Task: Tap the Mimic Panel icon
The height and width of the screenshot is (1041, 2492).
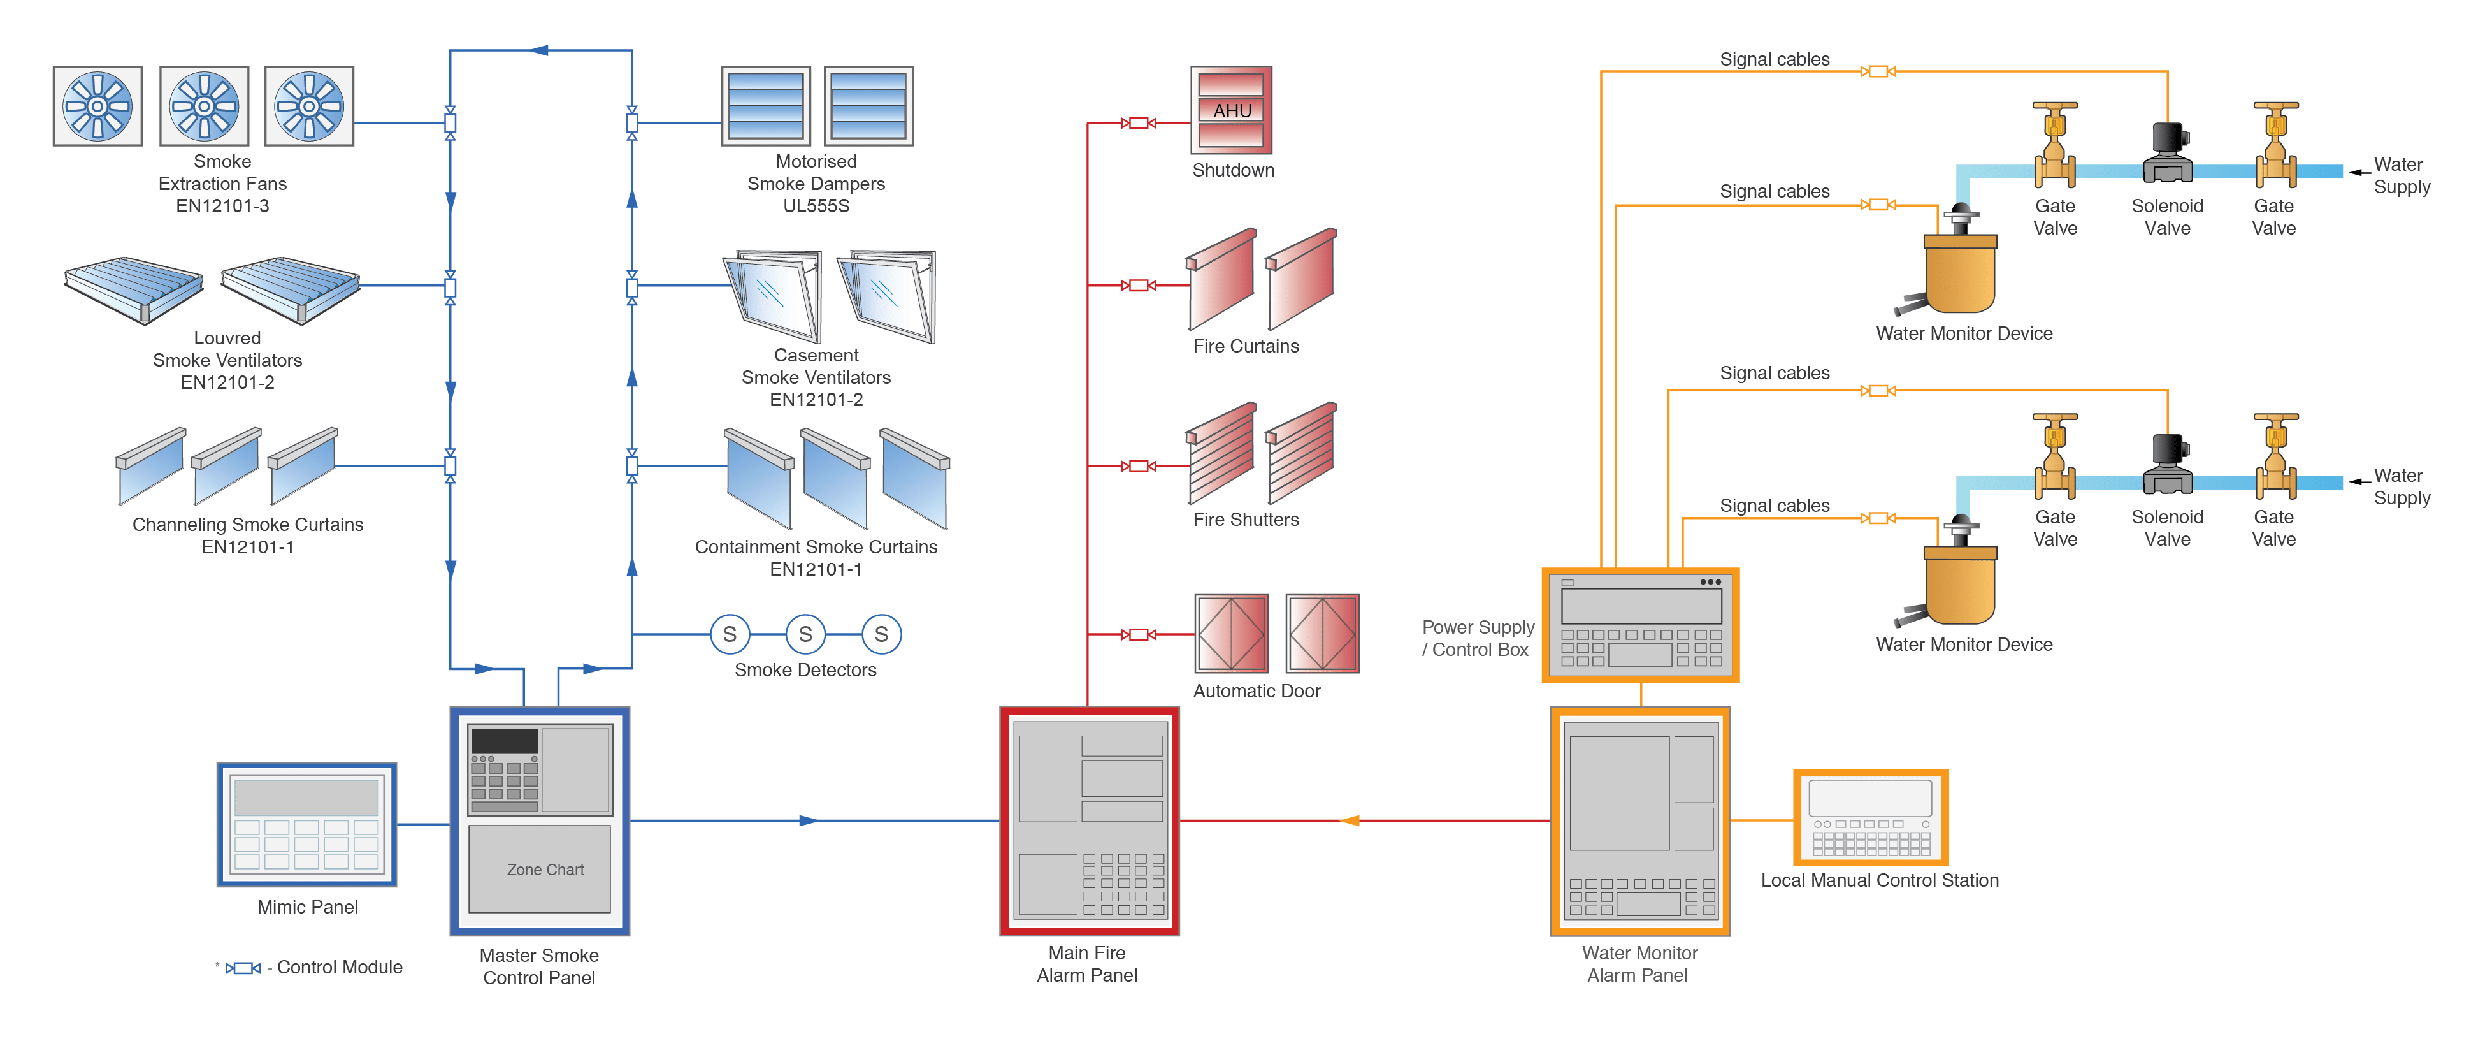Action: coord(306,824)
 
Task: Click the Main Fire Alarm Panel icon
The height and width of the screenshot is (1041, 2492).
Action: coord(1088,820)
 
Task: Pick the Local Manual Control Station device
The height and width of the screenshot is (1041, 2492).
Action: coord(1870,817)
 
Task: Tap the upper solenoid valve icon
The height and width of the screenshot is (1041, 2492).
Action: coord(2167,153)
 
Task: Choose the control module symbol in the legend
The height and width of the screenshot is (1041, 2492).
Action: coord(243,968)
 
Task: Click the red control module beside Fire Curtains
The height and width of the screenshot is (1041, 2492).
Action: coord(1139,286)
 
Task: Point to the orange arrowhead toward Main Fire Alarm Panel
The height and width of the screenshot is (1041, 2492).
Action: coord(1350,820)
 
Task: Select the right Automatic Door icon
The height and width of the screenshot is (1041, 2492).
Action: coord(1322,634)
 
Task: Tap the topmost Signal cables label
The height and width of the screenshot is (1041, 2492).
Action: coord(1774,59)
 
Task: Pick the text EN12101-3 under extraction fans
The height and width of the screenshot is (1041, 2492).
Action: coord(222,206)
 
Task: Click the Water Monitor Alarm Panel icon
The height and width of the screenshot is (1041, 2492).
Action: coord(1639,820)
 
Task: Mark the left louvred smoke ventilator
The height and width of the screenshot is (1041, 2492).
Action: coord(134,288)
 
